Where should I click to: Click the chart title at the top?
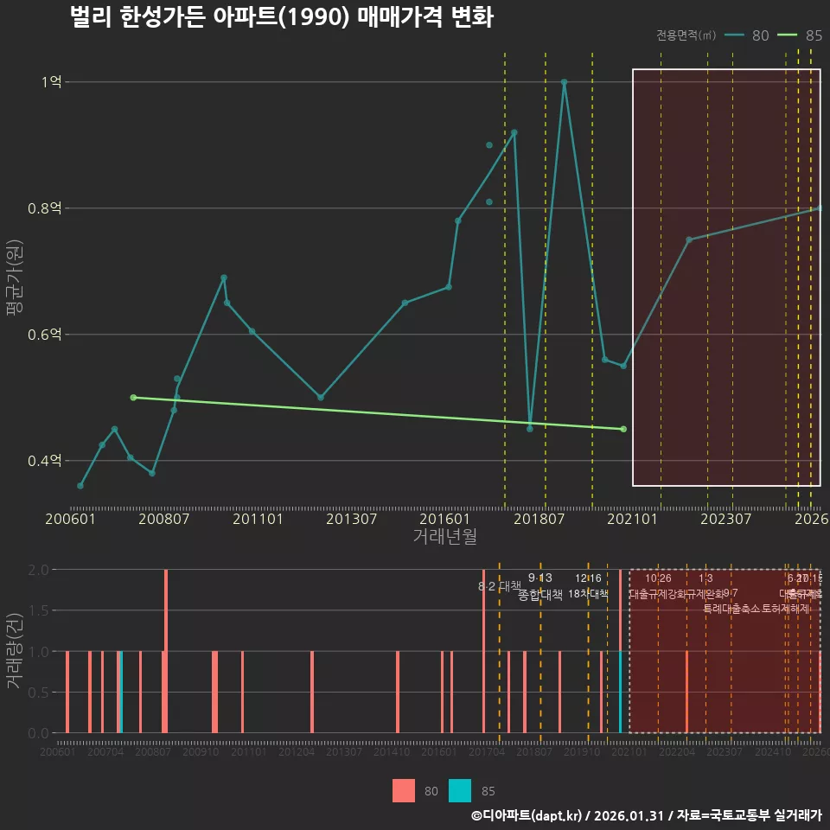click(282, 17)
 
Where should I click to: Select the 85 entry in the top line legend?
click(801, 35)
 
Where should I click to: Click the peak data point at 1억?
click(564, 82)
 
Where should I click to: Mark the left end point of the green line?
click(133, 397)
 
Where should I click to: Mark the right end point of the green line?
click(623, 429)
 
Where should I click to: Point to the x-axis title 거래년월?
click(444, 536)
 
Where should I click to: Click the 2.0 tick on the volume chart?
click(38, 570)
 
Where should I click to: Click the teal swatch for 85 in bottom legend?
click(460, 790)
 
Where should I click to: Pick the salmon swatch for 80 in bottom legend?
click(403, 790)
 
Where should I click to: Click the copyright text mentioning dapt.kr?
click(646, 815)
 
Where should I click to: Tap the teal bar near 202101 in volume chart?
click(620, 692)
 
